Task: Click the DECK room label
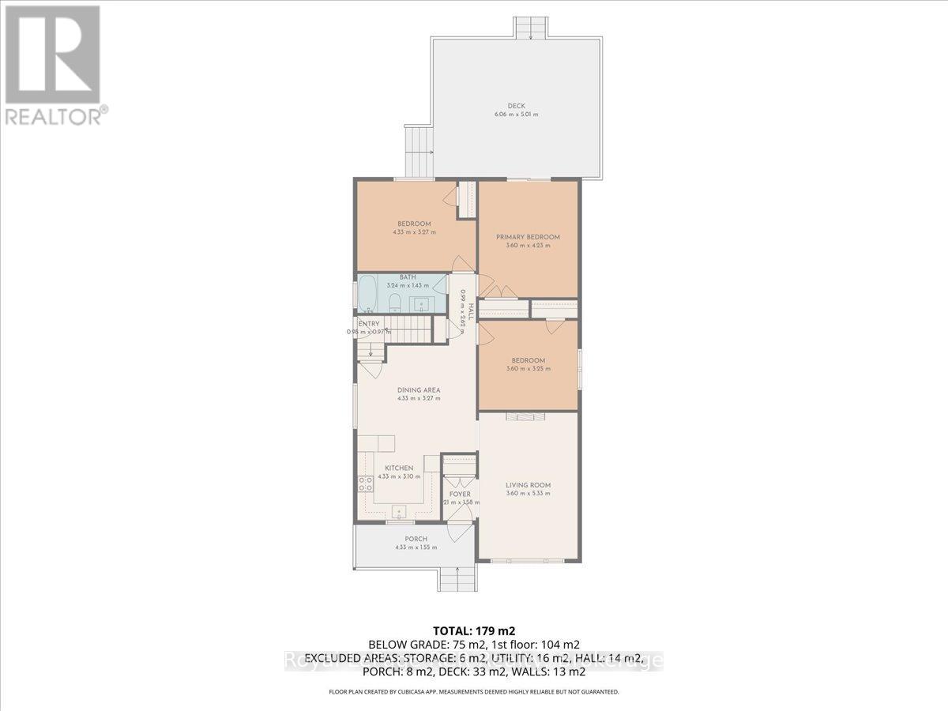pyautogui.click(x=517, y=107)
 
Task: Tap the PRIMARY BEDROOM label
pyautogui.click(x=528, y=237)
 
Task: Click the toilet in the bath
pyautogui.click(x=394, y=301)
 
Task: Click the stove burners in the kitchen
pyautogui.click(x=365, y=484)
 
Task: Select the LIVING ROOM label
pyautogui.click(x=528, y=485)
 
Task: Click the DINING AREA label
pyautogui.click(x=418, y=389)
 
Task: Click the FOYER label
pyautogui.click(x=460, y=495)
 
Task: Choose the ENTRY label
pyautogui.click(x=369, y=324)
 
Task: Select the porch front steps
pyautogui.click(x=458, y=580)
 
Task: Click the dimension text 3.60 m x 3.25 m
pyautogui.click(x=528, y=369)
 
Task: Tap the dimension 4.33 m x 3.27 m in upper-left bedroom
pyautogui.click(x=414, y=232)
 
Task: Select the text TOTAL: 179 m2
pyautogui.click(x=473, y=630)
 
